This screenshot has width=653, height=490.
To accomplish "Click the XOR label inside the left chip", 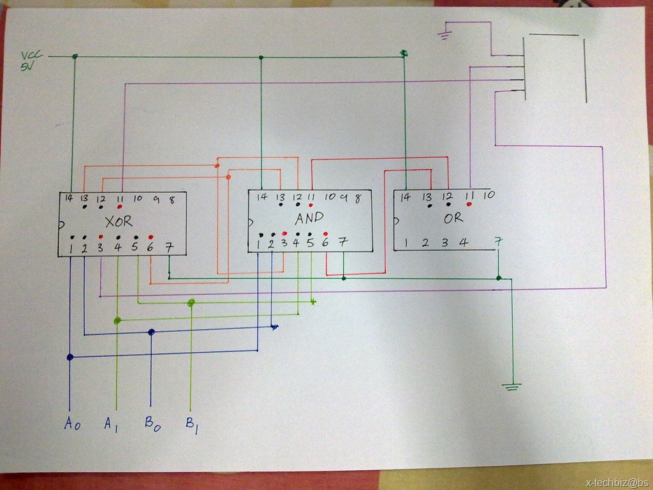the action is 119,221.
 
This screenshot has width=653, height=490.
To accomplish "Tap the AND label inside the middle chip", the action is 309,218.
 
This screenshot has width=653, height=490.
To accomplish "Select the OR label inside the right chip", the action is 453,218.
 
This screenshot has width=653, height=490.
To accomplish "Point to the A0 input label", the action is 72,423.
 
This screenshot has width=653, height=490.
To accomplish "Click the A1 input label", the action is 111,424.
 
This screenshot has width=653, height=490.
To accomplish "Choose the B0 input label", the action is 152,424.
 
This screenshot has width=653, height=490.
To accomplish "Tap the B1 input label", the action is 191,426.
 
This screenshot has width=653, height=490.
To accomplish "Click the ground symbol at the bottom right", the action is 512,387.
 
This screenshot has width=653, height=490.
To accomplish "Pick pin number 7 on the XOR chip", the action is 168,248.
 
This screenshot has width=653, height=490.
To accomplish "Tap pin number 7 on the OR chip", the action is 498,241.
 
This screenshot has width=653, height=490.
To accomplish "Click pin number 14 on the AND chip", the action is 262,197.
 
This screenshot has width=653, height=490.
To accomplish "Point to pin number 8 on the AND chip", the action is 357,199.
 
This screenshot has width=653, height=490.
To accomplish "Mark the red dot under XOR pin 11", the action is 119,206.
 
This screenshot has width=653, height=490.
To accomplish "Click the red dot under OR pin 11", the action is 469,204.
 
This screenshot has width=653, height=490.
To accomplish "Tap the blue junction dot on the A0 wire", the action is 70,357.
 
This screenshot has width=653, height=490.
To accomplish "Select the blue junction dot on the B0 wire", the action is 152,332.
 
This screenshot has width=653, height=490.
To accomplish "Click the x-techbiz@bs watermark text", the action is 618,483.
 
